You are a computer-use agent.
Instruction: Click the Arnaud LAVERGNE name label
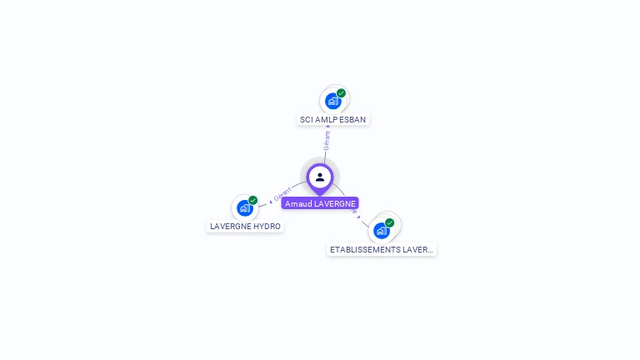(320, 203)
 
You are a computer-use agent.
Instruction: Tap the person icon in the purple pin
(320, 177)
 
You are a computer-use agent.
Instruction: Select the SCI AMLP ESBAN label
(332, 119)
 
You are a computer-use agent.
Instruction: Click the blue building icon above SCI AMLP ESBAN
(332, 102)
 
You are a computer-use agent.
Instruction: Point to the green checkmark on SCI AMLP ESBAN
(341, 93)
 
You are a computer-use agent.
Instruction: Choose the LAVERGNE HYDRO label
(245, 226)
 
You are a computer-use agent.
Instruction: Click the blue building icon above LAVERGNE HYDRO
(244, 207)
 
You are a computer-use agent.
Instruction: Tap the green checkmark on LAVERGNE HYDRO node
(252, 200)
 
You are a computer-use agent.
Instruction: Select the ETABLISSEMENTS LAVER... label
(381, 249)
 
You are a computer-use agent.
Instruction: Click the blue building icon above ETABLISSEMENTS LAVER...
(381, 231)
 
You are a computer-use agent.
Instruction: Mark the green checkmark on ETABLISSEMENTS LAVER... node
(389, 222)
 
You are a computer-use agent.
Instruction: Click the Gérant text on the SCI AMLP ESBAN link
(327, 140)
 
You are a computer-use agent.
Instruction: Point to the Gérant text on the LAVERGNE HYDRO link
(282, 195)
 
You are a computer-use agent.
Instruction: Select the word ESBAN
(352, 119)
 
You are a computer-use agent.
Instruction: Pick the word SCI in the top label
(306, 119)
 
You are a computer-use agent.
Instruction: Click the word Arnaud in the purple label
(297, 203)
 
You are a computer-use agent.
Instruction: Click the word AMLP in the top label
(326, 119)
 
